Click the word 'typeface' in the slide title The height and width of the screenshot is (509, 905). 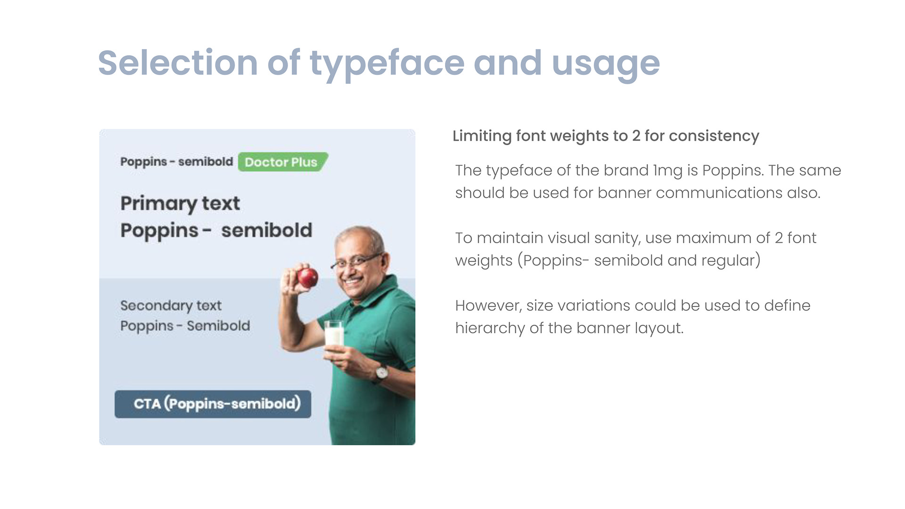click(387, 64)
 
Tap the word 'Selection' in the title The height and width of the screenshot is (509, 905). click(178, 62)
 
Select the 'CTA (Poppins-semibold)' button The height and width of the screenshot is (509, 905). click(213, 404)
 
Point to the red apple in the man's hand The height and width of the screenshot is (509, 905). click(307, 278)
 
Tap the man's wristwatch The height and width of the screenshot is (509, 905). click(381, 373)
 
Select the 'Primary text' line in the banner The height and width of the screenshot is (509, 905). click(180, 204)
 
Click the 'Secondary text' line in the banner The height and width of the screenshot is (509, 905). click(171, 306)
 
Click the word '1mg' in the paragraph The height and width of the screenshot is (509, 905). click(667, 171)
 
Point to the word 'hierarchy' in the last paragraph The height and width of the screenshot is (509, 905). click(490, 328)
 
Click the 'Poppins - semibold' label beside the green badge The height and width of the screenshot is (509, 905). click(177, 162)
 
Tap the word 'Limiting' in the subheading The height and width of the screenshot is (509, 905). click(482, 136)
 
